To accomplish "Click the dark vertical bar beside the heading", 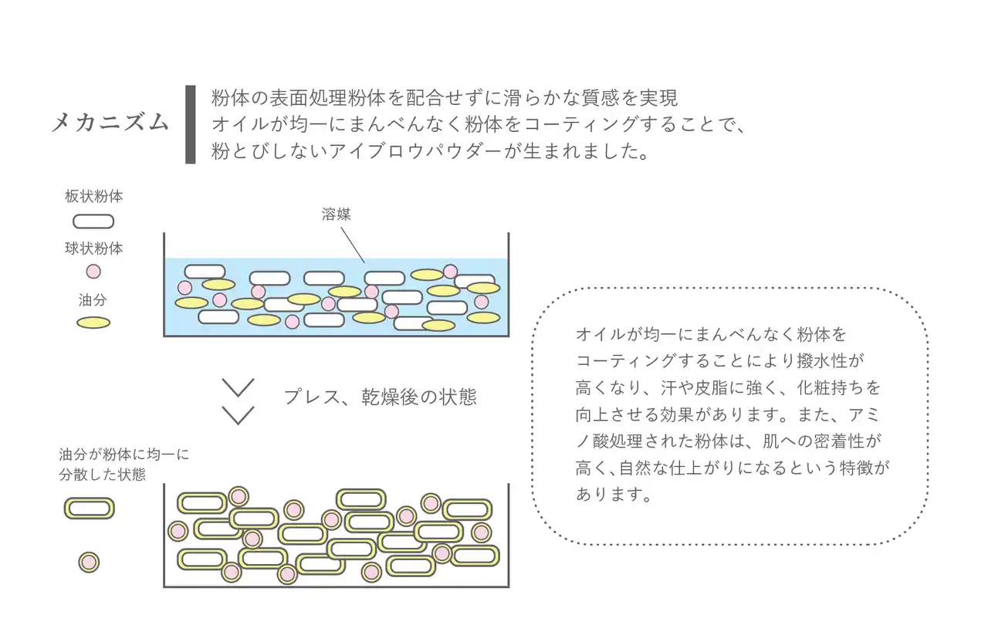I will (190, 124).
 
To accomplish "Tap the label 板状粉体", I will (93, 197).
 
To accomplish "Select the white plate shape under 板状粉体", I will (93, 222).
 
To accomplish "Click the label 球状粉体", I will (93, 248).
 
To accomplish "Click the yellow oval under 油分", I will (93, 323).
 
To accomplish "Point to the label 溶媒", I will (336, 215).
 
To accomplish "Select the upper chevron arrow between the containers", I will (238, 388).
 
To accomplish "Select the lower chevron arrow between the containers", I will (238, 415).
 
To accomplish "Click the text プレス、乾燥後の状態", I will (380, 397).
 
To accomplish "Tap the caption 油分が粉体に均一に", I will (124, 455).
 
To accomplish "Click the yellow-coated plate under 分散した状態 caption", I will (89, 509).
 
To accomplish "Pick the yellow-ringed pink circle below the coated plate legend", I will (89, 562).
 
